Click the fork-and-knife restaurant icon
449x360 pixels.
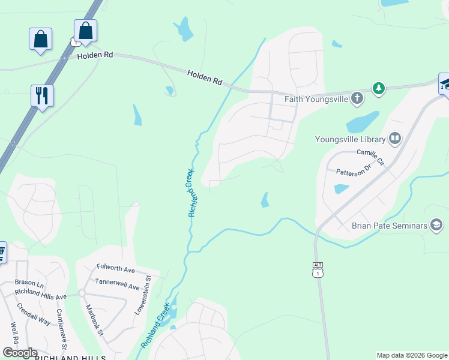click(x=42, y=95)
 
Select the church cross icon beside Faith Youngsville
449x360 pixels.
click(x=357, y=98)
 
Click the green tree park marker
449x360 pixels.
click(x=378, y=89)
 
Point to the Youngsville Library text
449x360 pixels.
click(x=349, y=139)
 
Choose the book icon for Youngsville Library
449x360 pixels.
click(x=394, y=139)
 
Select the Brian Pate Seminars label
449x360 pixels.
click(x=389, y=226)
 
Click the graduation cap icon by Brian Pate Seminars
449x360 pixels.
click(x=436, y=226)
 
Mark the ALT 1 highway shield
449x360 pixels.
click(x=318, y=270)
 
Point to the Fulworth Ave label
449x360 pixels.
click(x=116, y=268)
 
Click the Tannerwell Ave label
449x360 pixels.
click(x=117, y=283)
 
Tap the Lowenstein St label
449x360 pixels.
click(x=142, y=295)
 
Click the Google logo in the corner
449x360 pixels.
click(x=19, y=353)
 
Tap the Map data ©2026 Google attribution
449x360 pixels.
click(x=412, y=355)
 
